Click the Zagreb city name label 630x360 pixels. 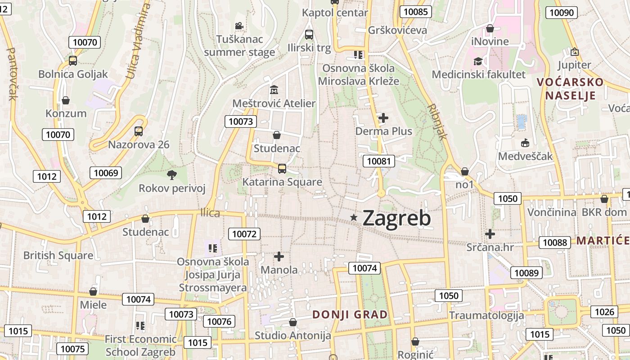tap(396, 219)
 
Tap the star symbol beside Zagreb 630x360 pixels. tap(354, 218)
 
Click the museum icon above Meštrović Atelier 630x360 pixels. tap(274, 90)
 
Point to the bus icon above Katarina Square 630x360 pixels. tap(282, 169)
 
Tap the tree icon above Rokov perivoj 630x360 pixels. tap(171, 175)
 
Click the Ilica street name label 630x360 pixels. tap(210, 213)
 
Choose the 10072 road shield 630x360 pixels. tap(245, 234)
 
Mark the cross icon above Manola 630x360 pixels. tap(279, 256)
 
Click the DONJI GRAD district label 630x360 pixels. tap(350, 315)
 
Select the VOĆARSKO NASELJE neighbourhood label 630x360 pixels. tap(570, 89)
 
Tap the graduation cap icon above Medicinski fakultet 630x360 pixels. tap(478, 61)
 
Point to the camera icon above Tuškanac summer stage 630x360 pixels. tap(239, 26)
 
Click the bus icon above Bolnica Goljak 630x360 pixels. tap(73, 60)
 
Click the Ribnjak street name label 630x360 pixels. tap(436, 122)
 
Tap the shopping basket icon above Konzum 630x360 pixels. tap(66, 100)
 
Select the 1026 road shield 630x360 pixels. tap(604, 312)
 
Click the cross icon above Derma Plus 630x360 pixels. tap(383, 118)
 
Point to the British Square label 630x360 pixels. tap(58, 256)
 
